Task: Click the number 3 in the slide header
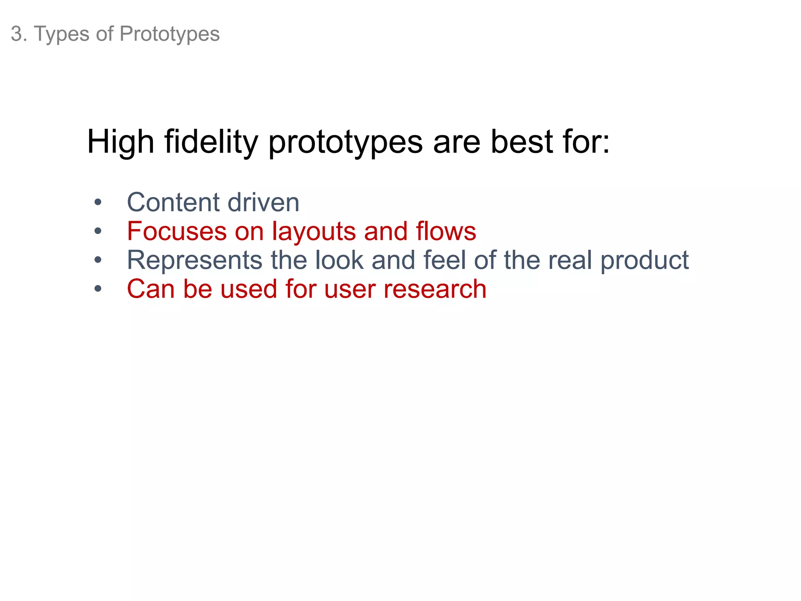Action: coord(16,34)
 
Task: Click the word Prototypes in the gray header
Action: coord(169,34)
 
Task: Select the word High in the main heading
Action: coord(120,142)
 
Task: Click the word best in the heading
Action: coord(522,142)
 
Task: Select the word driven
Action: coord(263,203)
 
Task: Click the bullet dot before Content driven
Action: coord(98,203)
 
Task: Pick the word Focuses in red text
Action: coord(177,231)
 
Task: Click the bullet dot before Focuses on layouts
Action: coord(98,231)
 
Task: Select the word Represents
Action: coord(195,261)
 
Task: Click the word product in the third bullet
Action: coord(645,261)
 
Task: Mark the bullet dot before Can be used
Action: coord(98,289)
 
